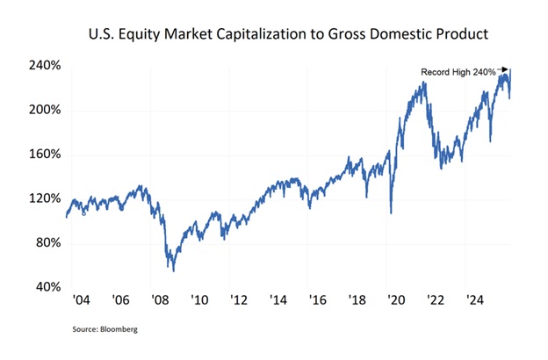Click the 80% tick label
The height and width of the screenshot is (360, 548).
[x=46, y=243]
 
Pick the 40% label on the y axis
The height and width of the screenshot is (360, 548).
[x=46, y=287]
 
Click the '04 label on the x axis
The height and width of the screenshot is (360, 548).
[x=81, y=300]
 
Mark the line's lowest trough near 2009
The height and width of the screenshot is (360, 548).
[x=173, y=270]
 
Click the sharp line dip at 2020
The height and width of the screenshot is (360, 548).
[x=391, y=212]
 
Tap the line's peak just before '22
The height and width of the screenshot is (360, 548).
[x=425, y=83]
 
